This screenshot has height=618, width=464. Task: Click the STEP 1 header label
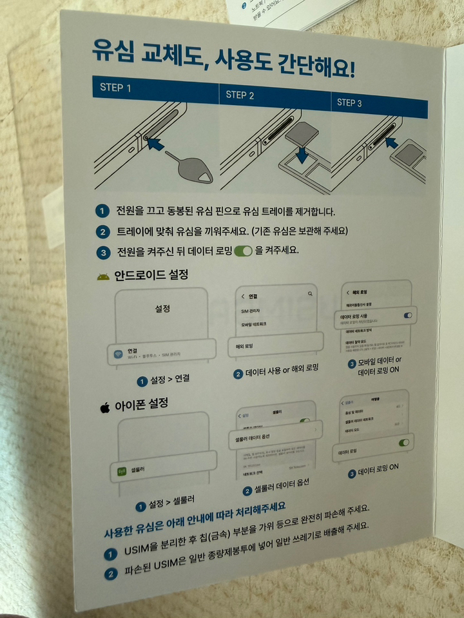[115, 88]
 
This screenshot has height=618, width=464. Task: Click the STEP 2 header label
[240, 95]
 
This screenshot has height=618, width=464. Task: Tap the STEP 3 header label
[349, 102]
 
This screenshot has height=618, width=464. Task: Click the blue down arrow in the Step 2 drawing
[302, 155]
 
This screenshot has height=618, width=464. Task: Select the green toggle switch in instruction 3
[243, 251]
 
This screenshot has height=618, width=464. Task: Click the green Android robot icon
[102, 276]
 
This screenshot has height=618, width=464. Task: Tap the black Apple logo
[104, 407]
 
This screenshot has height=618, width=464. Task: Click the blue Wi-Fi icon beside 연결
[119, 353]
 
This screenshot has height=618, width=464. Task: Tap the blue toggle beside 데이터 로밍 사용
[407, 314]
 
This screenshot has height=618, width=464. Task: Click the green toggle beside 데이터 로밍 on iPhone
[403, 443]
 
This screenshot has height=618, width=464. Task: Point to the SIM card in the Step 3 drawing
[411, 155]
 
